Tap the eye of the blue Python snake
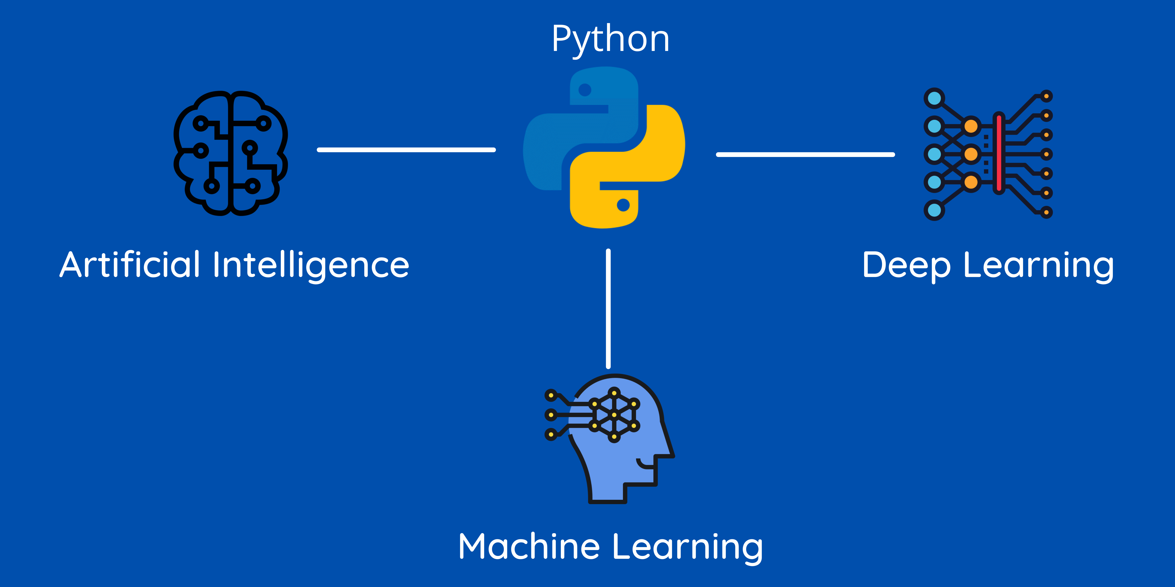[x=585, y=90]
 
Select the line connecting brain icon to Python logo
[x=406, y=149]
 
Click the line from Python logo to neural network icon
[x=805, y=155]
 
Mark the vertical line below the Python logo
[x=608, y=309]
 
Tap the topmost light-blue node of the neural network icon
[x=934, y=98]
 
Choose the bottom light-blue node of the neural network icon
[x=934, y=210]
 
